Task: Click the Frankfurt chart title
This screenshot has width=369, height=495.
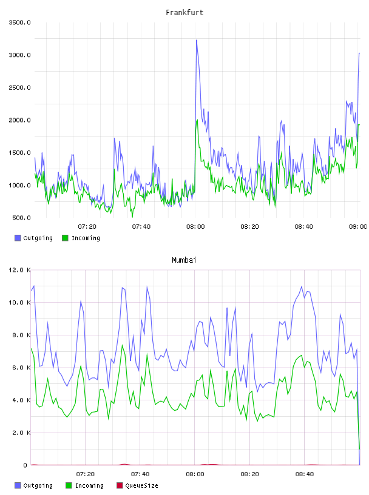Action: [184, 13]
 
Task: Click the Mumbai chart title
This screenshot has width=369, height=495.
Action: [184, 260]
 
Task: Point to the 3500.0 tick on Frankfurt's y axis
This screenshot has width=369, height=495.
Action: [20, 22]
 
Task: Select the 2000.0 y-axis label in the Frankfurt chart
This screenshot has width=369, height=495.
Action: [20, 120]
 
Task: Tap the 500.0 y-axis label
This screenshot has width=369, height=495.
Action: [21, 218]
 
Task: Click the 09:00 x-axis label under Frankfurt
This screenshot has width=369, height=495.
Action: [357, 226]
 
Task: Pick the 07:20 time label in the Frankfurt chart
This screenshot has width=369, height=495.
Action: [87, 226]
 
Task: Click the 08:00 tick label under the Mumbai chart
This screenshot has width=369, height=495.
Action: [195, 474]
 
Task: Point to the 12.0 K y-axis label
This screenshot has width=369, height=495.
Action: [20, 270]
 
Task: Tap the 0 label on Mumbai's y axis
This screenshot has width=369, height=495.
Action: [25, 465]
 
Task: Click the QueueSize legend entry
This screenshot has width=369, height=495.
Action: [137, 485]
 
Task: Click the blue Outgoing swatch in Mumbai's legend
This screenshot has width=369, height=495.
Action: [18, 485]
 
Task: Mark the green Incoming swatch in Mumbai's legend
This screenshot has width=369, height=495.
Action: [69, 485]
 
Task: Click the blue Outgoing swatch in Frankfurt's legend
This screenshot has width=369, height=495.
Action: [18, 238]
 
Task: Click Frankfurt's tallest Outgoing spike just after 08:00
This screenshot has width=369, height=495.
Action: [197, 40]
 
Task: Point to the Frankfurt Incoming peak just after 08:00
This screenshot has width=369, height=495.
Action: [197, 120]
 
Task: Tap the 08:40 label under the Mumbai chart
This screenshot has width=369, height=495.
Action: [305, 474]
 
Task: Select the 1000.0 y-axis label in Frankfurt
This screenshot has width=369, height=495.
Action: [20, 185]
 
